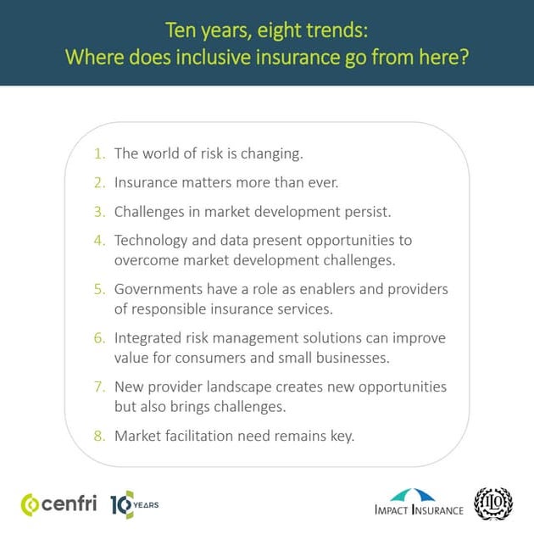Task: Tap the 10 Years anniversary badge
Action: pyautogui.click(x=134, y=504)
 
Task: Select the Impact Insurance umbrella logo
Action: pyautogui.click(x=419, y=502)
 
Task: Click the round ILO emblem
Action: pyautogui.click(x=494, y=503)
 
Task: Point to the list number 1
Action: pyautogui.click(x=99, y=153)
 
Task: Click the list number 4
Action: pyautogui.click(x=99, y=240)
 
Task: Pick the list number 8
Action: pyautogui.click(x=99, y=436)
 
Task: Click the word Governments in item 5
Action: pyautogui.click(x=158, y=289)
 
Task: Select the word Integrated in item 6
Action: pyautogui.click(x=148, y=337)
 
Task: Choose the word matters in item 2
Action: pyautogui.click(x=205, y=182)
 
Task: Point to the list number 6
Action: pyautogui.click(x=99, y=337)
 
